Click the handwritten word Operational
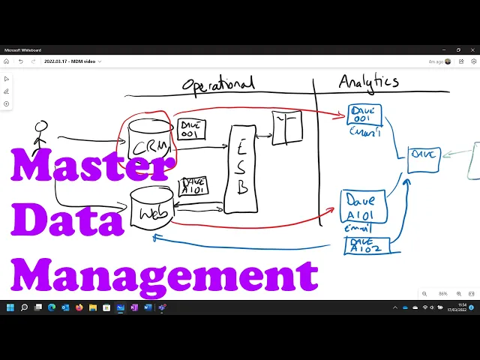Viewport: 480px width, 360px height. pyautogui.click(x=218, y=83)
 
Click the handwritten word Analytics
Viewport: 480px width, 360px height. pyautogui.click(x=368, y=82)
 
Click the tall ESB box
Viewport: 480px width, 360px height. pyautogui.click(x=241, y=169)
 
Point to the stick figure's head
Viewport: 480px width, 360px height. pyautogui.click(x=41, y=127)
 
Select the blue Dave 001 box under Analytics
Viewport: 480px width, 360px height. pyautogui.click(x=365, y=115)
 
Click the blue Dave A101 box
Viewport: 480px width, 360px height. pyautogui.click(x=363, y=207)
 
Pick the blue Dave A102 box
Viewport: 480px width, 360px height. pyautogui.click(x=367, y=244)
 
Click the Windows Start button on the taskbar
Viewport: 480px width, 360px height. pyautogui.click(x=10, y=307)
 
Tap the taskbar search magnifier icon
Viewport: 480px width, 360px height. pyautogui.click(x=24, y=307)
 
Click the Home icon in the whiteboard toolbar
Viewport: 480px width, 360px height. pyautogui.click(x=7, y=61)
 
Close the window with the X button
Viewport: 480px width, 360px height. pyautogui.click(x=472, y=50)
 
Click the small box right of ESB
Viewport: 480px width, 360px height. pyautogui.click(x=287, y=128)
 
